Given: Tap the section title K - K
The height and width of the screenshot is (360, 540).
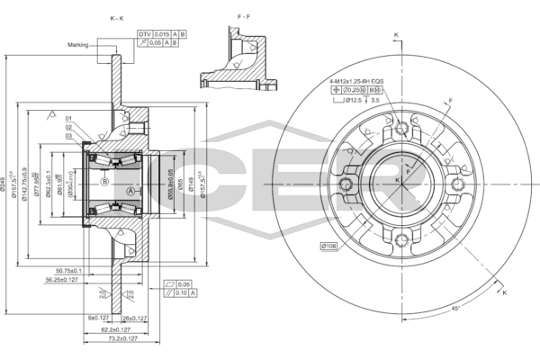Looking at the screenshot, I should [116, 17].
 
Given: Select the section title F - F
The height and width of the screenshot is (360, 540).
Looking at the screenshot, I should [243, 17].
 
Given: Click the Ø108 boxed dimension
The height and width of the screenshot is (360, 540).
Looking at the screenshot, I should [328, 245].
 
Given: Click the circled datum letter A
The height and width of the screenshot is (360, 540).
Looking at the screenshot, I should [130, 192].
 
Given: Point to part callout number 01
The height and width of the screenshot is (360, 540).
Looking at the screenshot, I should [67, 118].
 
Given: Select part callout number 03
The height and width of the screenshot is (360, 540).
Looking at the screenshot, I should [67, 136].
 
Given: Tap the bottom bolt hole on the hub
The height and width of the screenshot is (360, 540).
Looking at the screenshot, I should [403, 238].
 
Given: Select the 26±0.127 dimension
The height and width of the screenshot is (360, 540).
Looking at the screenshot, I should [135, 318].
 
